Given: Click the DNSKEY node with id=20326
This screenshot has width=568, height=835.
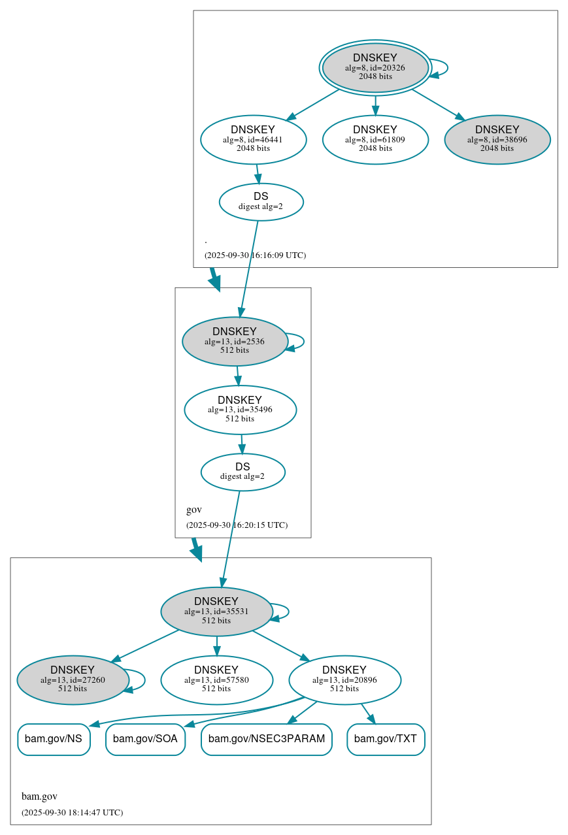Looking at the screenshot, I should click(x=375, y=67).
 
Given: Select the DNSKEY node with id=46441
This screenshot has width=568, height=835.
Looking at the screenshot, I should click(x=253, y=139).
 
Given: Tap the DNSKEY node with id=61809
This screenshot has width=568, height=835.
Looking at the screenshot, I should click(x=375, y=139).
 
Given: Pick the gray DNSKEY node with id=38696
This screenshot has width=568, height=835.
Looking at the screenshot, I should click(x=497, y=139).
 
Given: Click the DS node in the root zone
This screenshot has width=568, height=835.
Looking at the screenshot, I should click(x=261, y=202).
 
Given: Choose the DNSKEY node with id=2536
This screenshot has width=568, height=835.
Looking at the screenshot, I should click(x=235, y=341).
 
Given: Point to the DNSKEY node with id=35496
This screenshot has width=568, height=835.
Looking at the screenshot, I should click(x=240, y=410).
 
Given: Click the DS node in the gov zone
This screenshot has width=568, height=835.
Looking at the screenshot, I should click(x=242, y=472).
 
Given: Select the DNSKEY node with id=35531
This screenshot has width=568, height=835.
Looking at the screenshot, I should click(x=216, y=612).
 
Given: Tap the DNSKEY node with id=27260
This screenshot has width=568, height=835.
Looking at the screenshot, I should click(x=73, y=680).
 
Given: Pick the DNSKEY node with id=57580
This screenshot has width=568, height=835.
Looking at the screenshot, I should click(x=216, y=680).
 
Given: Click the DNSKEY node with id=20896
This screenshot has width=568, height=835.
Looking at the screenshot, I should click(x=344, y=680).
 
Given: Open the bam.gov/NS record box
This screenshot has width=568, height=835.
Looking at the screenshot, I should click(x=54, y=739).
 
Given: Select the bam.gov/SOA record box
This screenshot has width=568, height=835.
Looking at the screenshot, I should click(x=145, y=739).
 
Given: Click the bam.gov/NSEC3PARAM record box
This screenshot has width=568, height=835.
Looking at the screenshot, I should click(x=267, y=739).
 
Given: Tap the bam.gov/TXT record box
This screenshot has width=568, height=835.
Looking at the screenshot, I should click(x=386, y=739).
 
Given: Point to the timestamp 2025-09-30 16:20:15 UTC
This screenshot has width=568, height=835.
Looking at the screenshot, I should click(x=237, y=525).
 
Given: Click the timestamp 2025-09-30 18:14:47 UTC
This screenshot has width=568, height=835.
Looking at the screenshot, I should click(x=72, y=812).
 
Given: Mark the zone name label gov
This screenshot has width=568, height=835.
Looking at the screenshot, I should click(x=194, y=510).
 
